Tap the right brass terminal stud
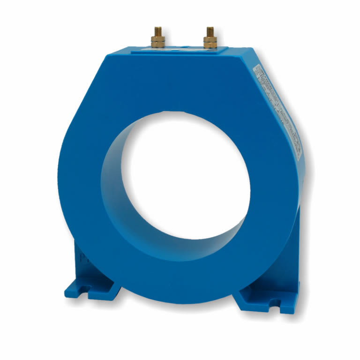209,38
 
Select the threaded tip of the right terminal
209,30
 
